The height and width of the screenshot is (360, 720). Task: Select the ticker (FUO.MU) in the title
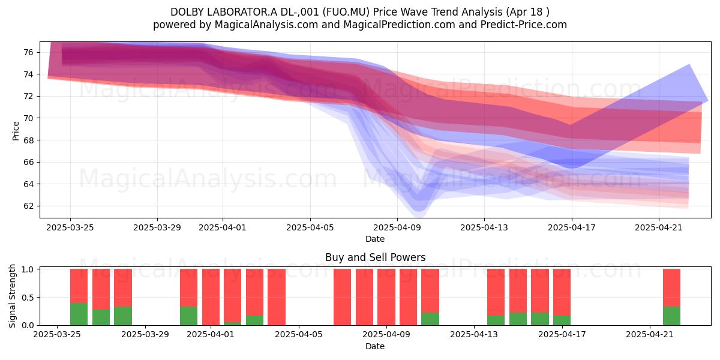(x=346, y=12)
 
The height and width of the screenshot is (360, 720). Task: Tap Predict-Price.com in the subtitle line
(x=524, y=25)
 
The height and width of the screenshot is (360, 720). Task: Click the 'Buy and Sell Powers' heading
(x=375, y=257)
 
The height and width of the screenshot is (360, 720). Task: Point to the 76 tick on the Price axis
(x=29, y=52)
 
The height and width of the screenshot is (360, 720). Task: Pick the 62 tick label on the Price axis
(x=29, y=206)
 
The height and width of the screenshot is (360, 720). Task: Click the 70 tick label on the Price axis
(x=29, y=118)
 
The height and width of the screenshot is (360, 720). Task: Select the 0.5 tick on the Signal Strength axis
(x=28, y=298)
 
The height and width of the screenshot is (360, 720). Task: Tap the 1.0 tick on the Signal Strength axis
(x=28, y=269)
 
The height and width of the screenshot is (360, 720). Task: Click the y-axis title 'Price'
(x=16, y=131)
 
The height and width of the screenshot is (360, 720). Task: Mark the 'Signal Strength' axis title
(x=12, y=296)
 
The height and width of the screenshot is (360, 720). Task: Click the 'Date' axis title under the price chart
(x=375, y=239)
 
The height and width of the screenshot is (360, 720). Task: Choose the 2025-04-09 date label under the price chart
(x=397, y=227)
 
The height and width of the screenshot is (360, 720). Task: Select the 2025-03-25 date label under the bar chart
(x=57, y=334)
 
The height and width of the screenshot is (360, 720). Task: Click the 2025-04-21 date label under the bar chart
(x=650, y=334)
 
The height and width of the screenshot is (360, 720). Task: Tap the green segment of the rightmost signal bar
(x=671, y=316)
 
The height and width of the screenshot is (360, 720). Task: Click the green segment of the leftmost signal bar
(x=79, y=314)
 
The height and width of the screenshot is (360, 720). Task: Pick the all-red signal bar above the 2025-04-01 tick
(x=211, y=297)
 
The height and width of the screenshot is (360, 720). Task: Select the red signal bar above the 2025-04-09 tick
(x=386, y=297)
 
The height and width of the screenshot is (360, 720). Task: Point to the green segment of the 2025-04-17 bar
(x=562, y=320)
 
